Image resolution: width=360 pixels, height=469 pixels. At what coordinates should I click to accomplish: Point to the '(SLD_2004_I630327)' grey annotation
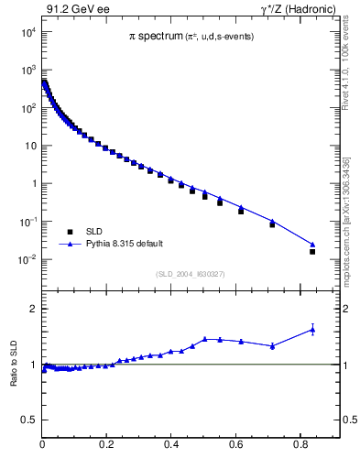[191, 273]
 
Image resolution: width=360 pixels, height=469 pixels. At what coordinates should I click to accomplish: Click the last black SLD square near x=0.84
[312, 251]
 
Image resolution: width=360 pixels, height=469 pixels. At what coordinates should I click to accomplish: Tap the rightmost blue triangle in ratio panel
[312, 330]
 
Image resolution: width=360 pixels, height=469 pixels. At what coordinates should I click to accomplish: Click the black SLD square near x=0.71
[272, 224]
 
